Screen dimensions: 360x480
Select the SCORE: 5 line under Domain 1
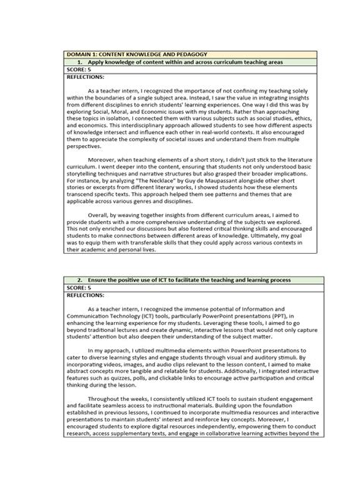(x=81, y=70)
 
